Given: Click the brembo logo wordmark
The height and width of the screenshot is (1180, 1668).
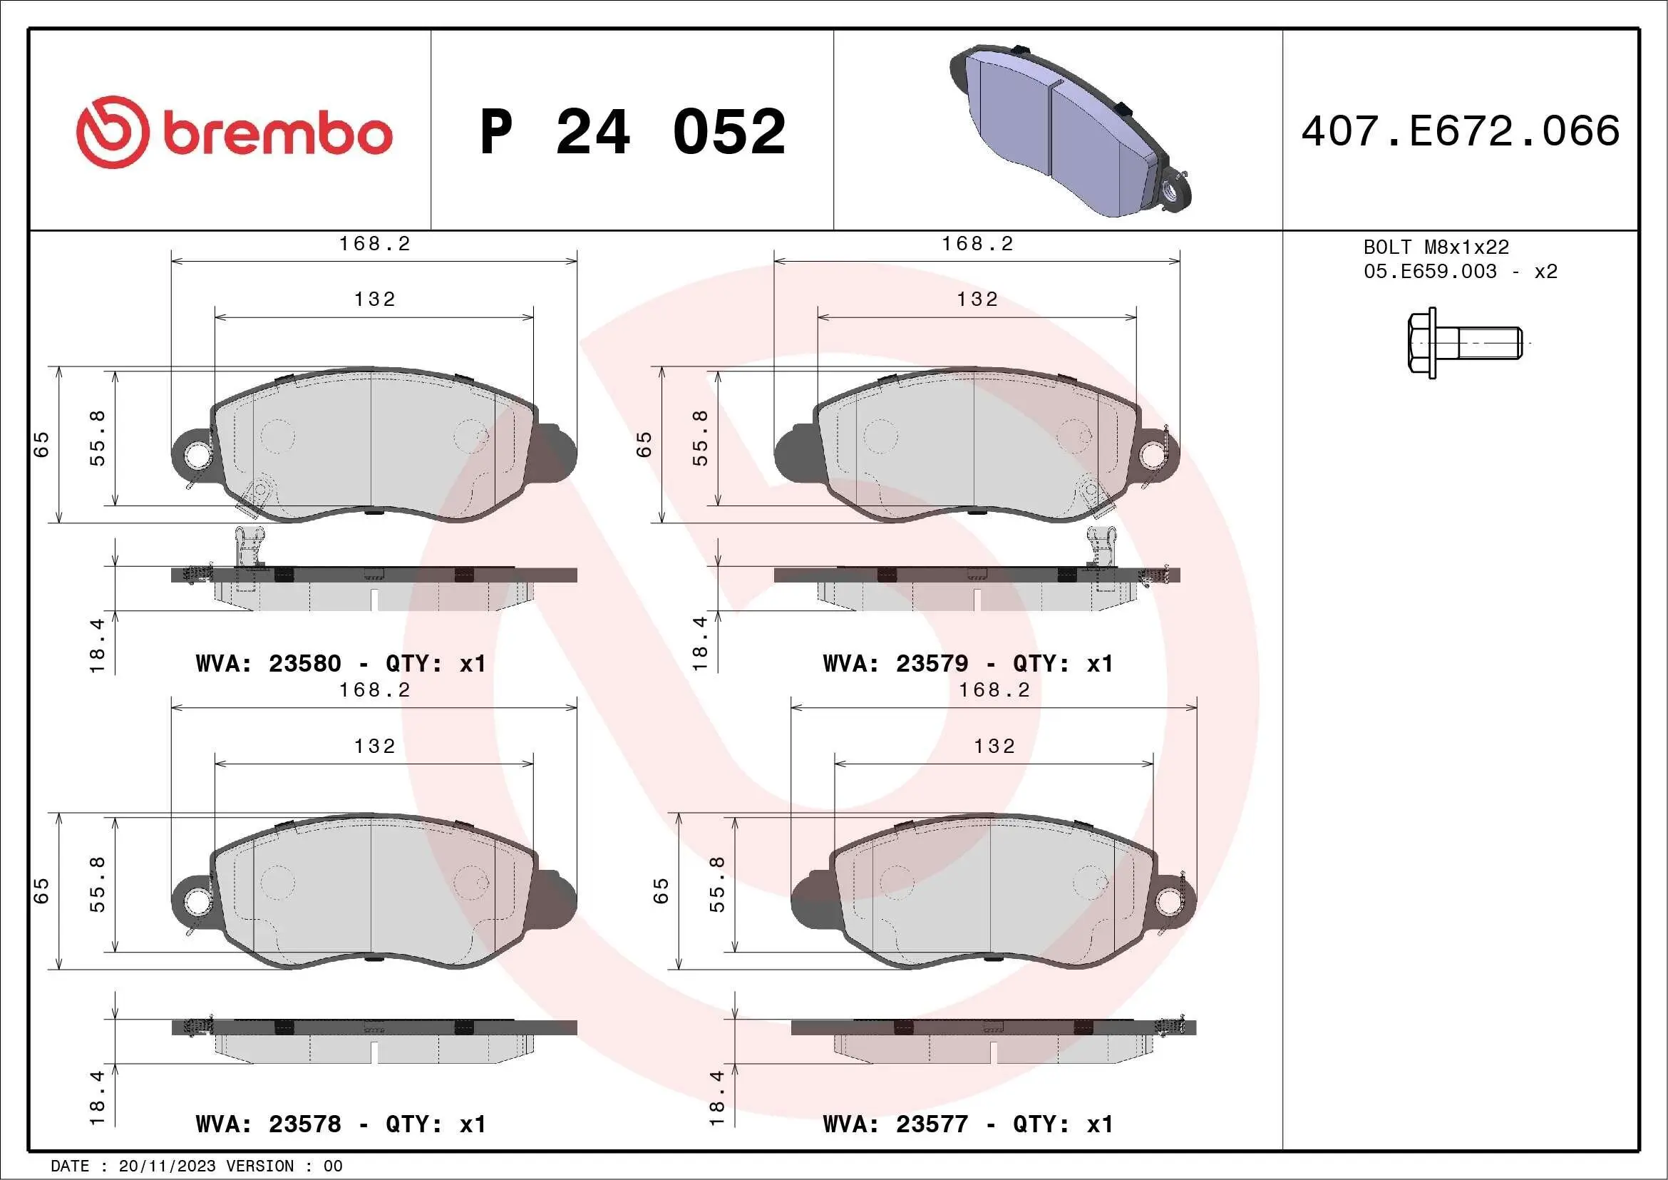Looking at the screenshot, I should tap(276, 134).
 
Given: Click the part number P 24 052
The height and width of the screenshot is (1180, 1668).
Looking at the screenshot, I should tap(632, 132).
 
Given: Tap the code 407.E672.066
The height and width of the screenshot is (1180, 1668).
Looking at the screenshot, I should tap(1461, 130).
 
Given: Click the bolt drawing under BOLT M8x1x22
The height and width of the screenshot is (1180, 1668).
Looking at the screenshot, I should tap(1464, 343).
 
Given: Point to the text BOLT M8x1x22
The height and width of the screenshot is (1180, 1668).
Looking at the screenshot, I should tap(1436, 247).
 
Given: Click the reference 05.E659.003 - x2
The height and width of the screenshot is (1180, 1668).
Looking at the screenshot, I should tap(1461, 272).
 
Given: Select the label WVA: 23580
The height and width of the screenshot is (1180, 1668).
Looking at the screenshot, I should tap(268, 663).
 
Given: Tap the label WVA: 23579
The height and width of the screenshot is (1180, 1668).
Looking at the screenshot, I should tap(895, 663).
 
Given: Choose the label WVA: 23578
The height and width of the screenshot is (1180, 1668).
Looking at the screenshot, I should tap(268, 1124).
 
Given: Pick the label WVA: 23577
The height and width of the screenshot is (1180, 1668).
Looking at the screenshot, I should tap(895, 1124).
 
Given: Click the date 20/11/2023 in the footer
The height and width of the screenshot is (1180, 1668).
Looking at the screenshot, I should tap(167, 1166).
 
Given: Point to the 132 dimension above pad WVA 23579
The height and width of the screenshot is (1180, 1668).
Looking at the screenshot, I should tap(977, 299).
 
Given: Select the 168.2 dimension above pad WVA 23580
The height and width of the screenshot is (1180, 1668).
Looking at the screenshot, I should tap(374, 244).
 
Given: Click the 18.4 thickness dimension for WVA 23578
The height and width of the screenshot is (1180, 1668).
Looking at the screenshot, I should tap(97, 1097).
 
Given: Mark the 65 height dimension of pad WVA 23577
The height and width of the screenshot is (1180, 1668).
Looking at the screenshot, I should tap(660, 891).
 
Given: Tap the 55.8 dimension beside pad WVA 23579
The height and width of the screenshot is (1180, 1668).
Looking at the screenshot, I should tap(699, 438).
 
